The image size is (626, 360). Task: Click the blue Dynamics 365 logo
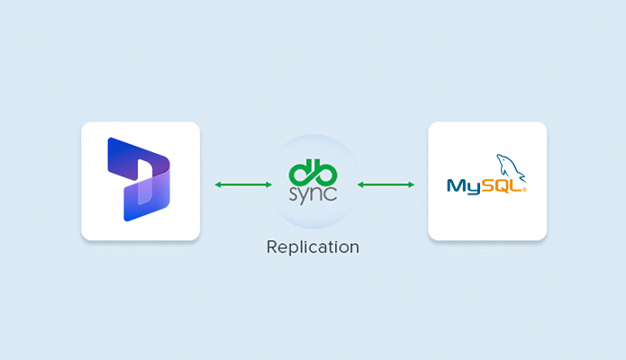[139, 179]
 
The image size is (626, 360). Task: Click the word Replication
[313, 247]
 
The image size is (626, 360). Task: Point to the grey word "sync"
[313, 193]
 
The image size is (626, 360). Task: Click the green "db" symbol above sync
[313, 171]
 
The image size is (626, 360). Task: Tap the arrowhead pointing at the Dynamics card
[218, 184]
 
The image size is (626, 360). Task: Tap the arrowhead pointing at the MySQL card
[411, 184]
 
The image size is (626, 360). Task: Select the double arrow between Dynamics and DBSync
[243, 184]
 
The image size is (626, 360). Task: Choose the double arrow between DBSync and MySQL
[386, 184]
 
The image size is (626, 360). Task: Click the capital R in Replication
[272, 247]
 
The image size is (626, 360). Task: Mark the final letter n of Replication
[354, 247]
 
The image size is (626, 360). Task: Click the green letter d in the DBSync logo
[301, 171]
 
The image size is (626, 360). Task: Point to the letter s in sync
[293, 193]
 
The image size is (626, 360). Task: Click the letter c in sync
[332, 193]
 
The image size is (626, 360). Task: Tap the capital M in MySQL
[455, 186]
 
